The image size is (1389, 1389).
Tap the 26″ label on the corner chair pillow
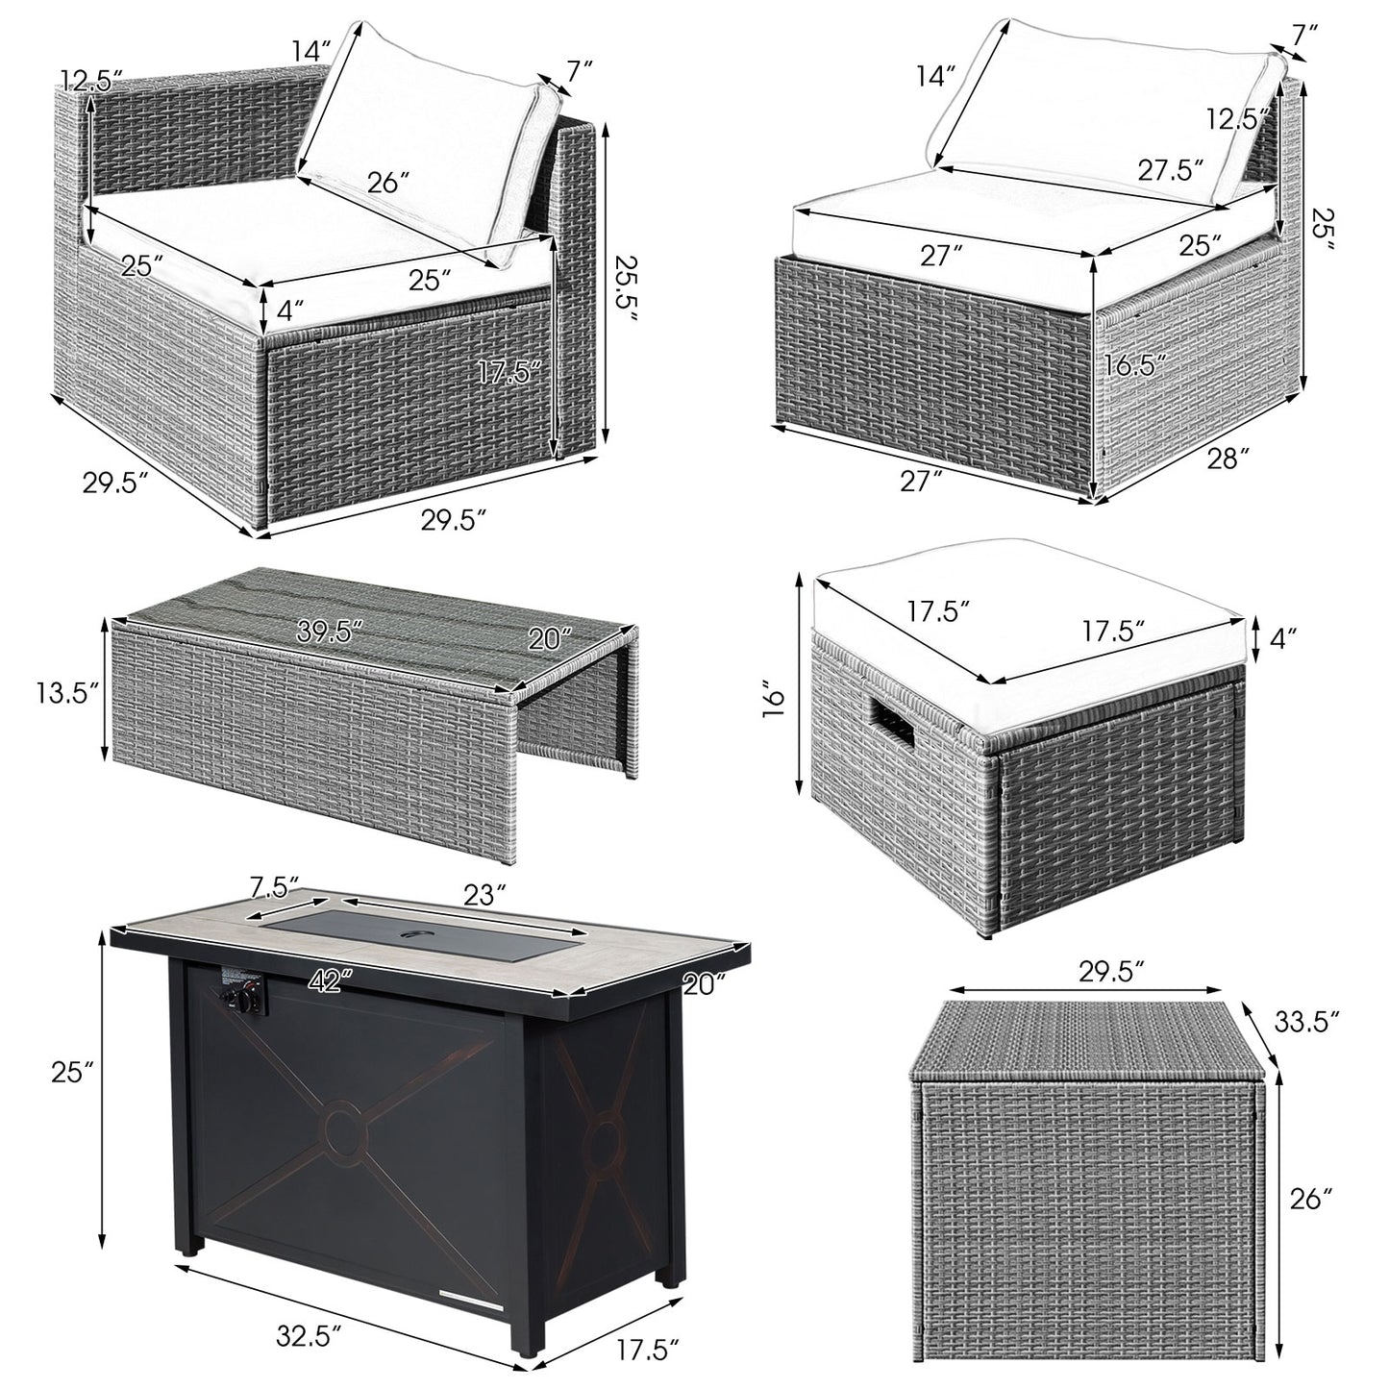[x=389, y=183]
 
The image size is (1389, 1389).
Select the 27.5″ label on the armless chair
[x=1171, y=170]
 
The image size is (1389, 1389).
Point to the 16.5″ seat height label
[x=1136, y=363]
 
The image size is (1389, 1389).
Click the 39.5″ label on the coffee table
[x=330, y=632]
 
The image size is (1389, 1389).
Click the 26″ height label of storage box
[x=1313, y=1199]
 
